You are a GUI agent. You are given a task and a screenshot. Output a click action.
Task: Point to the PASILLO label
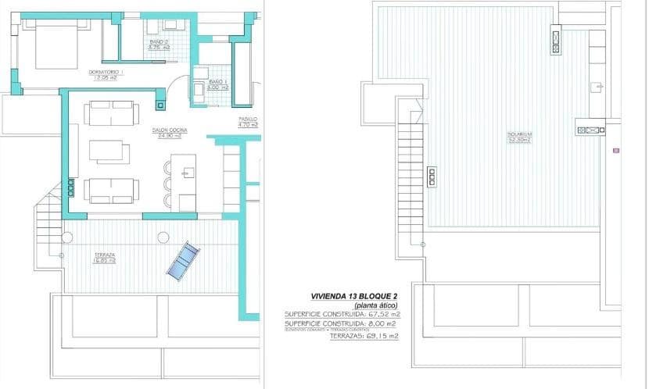point(248,122)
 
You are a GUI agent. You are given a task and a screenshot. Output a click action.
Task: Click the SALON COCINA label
point(167,133)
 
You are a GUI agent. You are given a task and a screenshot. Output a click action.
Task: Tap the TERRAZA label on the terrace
point(104,257)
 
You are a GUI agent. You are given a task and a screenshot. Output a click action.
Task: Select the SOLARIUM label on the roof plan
point(519,136)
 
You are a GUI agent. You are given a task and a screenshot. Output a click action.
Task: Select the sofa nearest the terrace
point(112,191)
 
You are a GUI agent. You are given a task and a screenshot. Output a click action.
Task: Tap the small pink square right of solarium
point(617,148)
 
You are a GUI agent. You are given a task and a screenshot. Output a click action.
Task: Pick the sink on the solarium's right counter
point(596,86)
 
